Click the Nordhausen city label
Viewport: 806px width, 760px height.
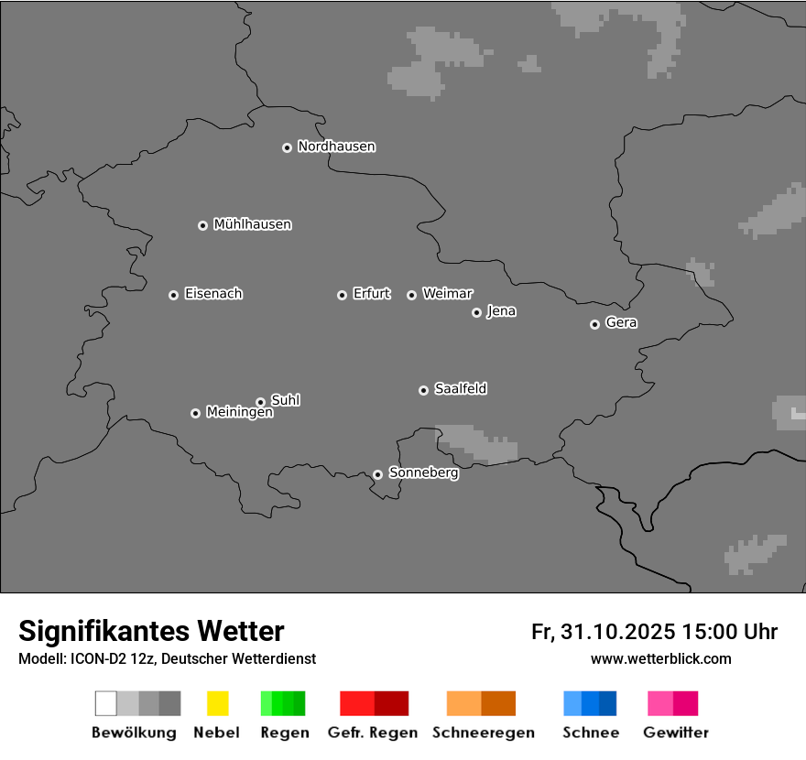336,147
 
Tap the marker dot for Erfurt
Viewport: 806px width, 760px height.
342,295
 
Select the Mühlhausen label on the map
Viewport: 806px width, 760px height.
252,224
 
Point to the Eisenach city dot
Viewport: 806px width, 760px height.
173,295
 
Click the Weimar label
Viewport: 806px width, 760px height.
447,294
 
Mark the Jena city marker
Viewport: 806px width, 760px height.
476,312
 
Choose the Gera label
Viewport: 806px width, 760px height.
621,323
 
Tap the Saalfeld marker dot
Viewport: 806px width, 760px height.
423,390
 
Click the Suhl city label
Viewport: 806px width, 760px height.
285,400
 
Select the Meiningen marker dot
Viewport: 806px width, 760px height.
195,413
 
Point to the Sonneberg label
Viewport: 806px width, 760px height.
423,473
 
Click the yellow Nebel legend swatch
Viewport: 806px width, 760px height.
217,703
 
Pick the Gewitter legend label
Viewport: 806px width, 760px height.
676,733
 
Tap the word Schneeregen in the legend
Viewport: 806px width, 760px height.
484,733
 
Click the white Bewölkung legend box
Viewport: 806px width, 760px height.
106,703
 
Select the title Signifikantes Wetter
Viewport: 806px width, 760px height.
151,631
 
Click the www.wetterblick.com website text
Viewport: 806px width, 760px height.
660,658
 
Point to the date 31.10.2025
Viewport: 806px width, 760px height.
618,632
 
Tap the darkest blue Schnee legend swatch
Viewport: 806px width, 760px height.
608,703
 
